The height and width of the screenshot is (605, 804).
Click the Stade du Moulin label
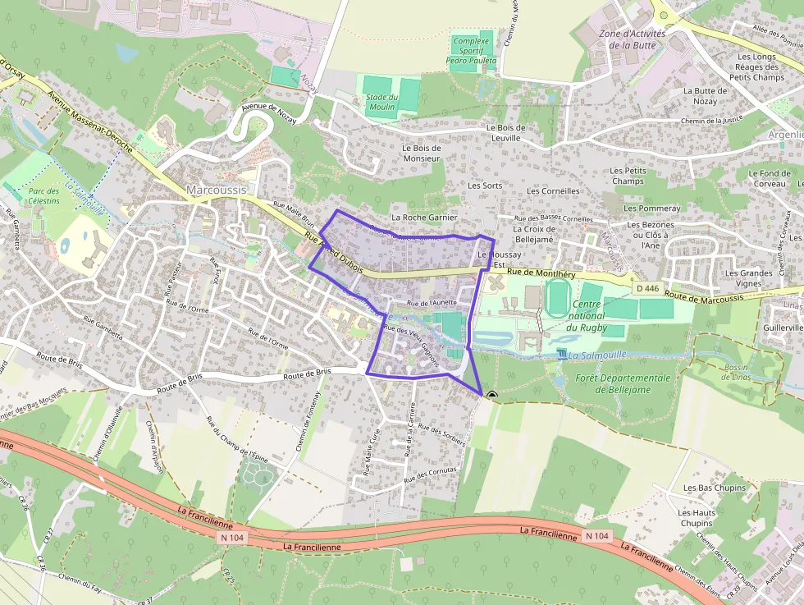[x=381, y=102]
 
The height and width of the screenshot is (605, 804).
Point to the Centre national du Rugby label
[x=585, y=315]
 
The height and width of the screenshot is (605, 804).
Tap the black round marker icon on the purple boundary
[x=491, y=396]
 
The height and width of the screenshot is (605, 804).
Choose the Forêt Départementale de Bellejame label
[x=623, y=383]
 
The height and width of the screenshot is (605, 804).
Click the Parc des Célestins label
[x=43, y=195]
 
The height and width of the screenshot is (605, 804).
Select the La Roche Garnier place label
[x=424, y=217]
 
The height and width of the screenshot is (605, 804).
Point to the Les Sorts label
[x=485, y=186]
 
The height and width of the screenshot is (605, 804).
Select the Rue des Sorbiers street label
[x=441, y=435]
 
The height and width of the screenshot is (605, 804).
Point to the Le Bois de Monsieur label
[x=422, y=153]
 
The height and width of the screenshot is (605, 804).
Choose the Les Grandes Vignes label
[x=748, y=278]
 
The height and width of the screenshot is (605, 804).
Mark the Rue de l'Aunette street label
[x=432, y=302]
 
